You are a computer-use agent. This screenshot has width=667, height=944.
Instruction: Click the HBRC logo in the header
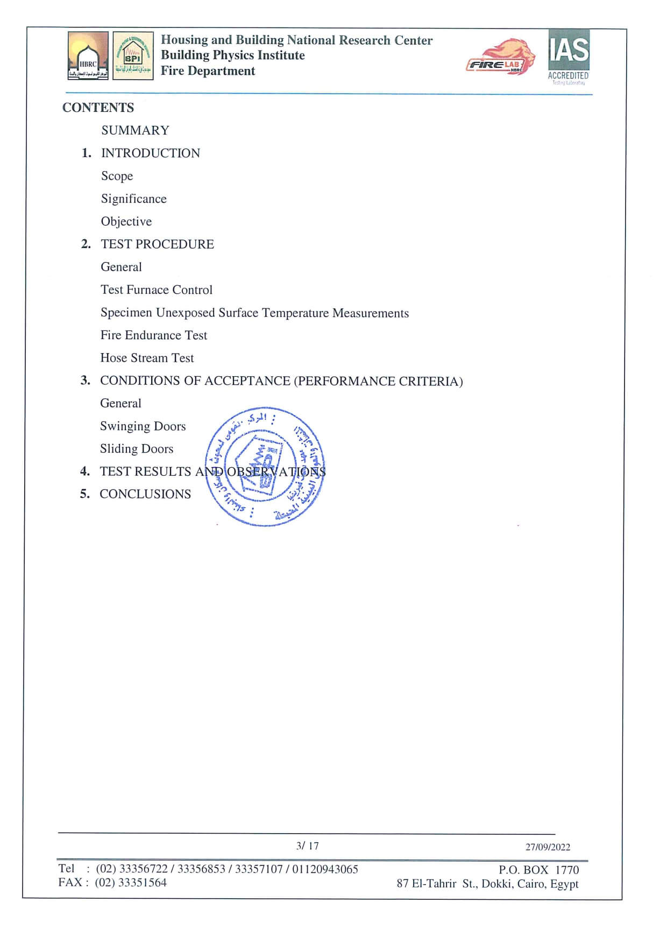(88, 56)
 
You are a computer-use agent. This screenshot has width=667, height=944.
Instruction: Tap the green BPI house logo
(133, 56)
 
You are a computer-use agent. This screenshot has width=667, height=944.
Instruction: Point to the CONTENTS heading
(98, 108)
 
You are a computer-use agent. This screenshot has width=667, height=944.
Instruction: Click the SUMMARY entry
(135, 131)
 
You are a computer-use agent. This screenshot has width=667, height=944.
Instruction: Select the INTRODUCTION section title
(150, 153)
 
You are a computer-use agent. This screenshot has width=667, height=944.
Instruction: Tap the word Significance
(133, 199)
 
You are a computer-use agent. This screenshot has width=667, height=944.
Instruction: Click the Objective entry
(126, 222)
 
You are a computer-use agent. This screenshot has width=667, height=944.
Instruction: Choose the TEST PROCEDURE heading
(157, 244)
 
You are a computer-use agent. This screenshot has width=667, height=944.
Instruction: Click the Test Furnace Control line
(156, 290)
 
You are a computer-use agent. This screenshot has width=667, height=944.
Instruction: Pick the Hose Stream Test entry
(147, 358)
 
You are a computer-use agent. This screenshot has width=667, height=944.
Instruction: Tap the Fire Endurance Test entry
(153, 336)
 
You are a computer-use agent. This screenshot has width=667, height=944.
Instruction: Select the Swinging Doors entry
(143, 427)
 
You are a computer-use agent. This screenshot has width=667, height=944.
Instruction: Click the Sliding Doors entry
(136, 449)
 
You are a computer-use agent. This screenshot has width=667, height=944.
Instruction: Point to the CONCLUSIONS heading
(145, 495)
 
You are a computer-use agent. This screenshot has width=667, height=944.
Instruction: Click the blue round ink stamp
(265, 467)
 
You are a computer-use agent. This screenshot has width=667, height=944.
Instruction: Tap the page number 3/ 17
(307, 846)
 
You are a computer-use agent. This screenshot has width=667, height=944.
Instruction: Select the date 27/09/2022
(548, 847)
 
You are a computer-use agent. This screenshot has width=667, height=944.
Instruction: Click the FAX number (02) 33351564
(131, 883)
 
